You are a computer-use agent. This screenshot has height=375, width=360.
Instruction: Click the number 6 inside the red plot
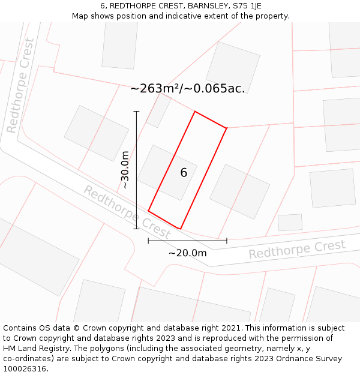[184, 173]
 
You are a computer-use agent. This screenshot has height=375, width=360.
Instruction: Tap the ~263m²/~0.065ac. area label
[187, 89]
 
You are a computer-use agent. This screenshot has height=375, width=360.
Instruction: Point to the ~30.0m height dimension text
[125, 170]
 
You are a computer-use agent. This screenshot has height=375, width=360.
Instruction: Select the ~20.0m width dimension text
[187, 253]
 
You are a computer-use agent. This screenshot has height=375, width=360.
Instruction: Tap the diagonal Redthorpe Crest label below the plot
[127, 211]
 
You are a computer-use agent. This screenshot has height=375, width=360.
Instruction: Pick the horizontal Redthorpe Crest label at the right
[297, 249]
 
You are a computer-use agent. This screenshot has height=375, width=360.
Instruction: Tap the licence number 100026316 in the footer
[23, 368]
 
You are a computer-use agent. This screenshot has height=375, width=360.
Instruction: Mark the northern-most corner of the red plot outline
[194, 112]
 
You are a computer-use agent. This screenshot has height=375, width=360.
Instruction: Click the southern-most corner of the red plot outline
[180, 229]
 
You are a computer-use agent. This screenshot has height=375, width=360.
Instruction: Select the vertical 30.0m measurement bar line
[137, 170]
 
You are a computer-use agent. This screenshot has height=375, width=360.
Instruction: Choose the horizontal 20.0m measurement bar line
[187, 241]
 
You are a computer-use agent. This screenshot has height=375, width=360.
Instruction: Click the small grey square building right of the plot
[290, 222]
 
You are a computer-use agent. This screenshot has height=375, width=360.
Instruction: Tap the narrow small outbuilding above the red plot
[159, 110]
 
